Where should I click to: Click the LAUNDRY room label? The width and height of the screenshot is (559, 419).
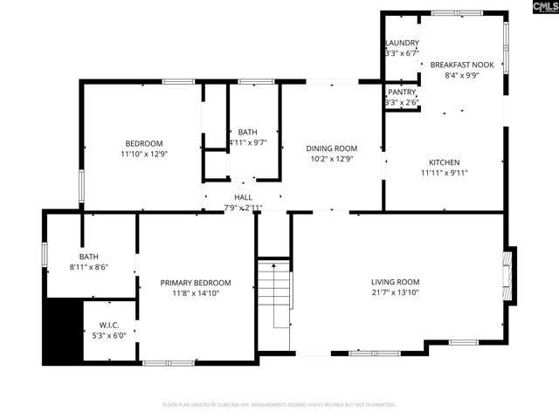(x=402, y=43)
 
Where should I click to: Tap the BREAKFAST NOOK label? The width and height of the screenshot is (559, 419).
(x=461, y=65)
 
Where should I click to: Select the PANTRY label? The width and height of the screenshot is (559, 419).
(x=402, y=92)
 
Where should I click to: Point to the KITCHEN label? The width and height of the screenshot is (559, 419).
(x=444, y=162)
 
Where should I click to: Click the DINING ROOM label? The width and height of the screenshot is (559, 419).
(x=331, y=148)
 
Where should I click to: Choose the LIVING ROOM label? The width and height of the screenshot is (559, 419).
(x=395, y=282)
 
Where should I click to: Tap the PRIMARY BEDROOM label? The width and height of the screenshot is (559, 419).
(x=195, y=283)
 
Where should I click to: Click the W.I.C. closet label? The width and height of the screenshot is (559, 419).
(x=109, y=325)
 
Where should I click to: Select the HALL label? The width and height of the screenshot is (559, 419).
(x=243, y=198)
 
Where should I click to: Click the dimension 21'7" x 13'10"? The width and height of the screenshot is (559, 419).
(x=395, y=293)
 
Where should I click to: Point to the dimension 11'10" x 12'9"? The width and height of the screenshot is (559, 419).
(x=144, y=154)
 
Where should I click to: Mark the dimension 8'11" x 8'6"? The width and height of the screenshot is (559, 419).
(x=89, y=268)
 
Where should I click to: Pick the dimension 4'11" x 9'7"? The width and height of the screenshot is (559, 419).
(x=247, y=142)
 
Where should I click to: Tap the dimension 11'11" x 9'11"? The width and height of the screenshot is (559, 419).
(x=444, y=173)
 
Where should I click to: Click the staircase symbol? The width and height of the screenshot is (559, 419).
(x=273, y=292)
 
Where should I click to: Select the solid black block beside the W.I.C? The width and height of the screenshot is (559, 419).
(x=61, y=332)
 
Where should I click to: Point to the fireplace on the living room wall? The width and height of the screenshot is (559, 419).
(x=508, y=276)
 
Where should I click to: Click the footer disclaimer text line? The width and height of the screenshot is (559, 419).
(x=279, y=405)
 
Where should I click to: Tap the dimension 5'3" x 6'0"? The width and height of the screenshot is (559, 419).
(x=109, y=335)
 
